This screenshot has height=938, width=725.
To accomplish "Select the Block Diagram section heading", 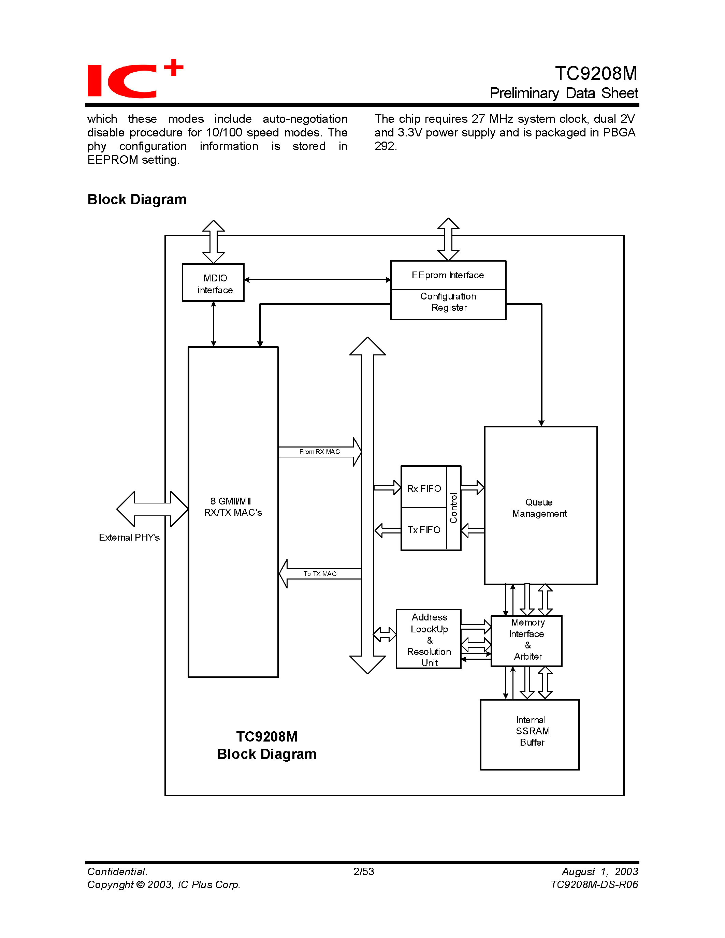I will pos(136,200).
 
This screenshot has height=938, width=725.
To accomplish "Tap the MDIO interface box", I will pos(214,283).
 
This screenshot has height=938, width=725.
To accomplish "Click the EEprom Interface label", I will pos(448,275).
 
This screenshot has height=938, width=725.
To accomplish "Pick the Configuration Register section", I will pos(448,302).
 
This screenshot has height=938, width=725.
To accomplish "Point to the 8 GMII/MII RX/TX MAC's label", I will pos(233,507).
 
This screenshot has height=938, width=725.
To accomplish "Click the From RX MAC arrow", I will pos(320,452).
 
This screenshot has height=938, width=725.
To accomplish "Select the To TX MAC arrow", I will pos(320,574).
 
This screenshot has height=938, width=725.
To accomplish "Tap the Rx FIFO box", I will pos(424,488).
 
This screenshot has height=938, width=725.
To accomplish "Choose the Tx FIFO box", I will pos(424,530).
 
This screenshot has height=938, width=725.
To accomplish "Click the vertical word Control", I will pos(453,508).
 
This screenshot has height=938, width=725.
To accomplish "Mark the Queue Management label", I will pos(539,508).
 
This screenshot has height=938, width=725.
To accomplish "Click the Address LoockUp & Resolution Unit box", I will pos(429,640).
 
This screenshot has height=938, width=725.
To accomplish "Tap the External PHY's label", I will pos(129,538).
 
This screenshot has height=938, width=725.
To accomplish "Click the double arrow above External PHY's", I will pos(152,509).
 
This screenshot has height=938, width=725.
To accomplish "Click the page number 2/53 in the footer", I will pos(363,871).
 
